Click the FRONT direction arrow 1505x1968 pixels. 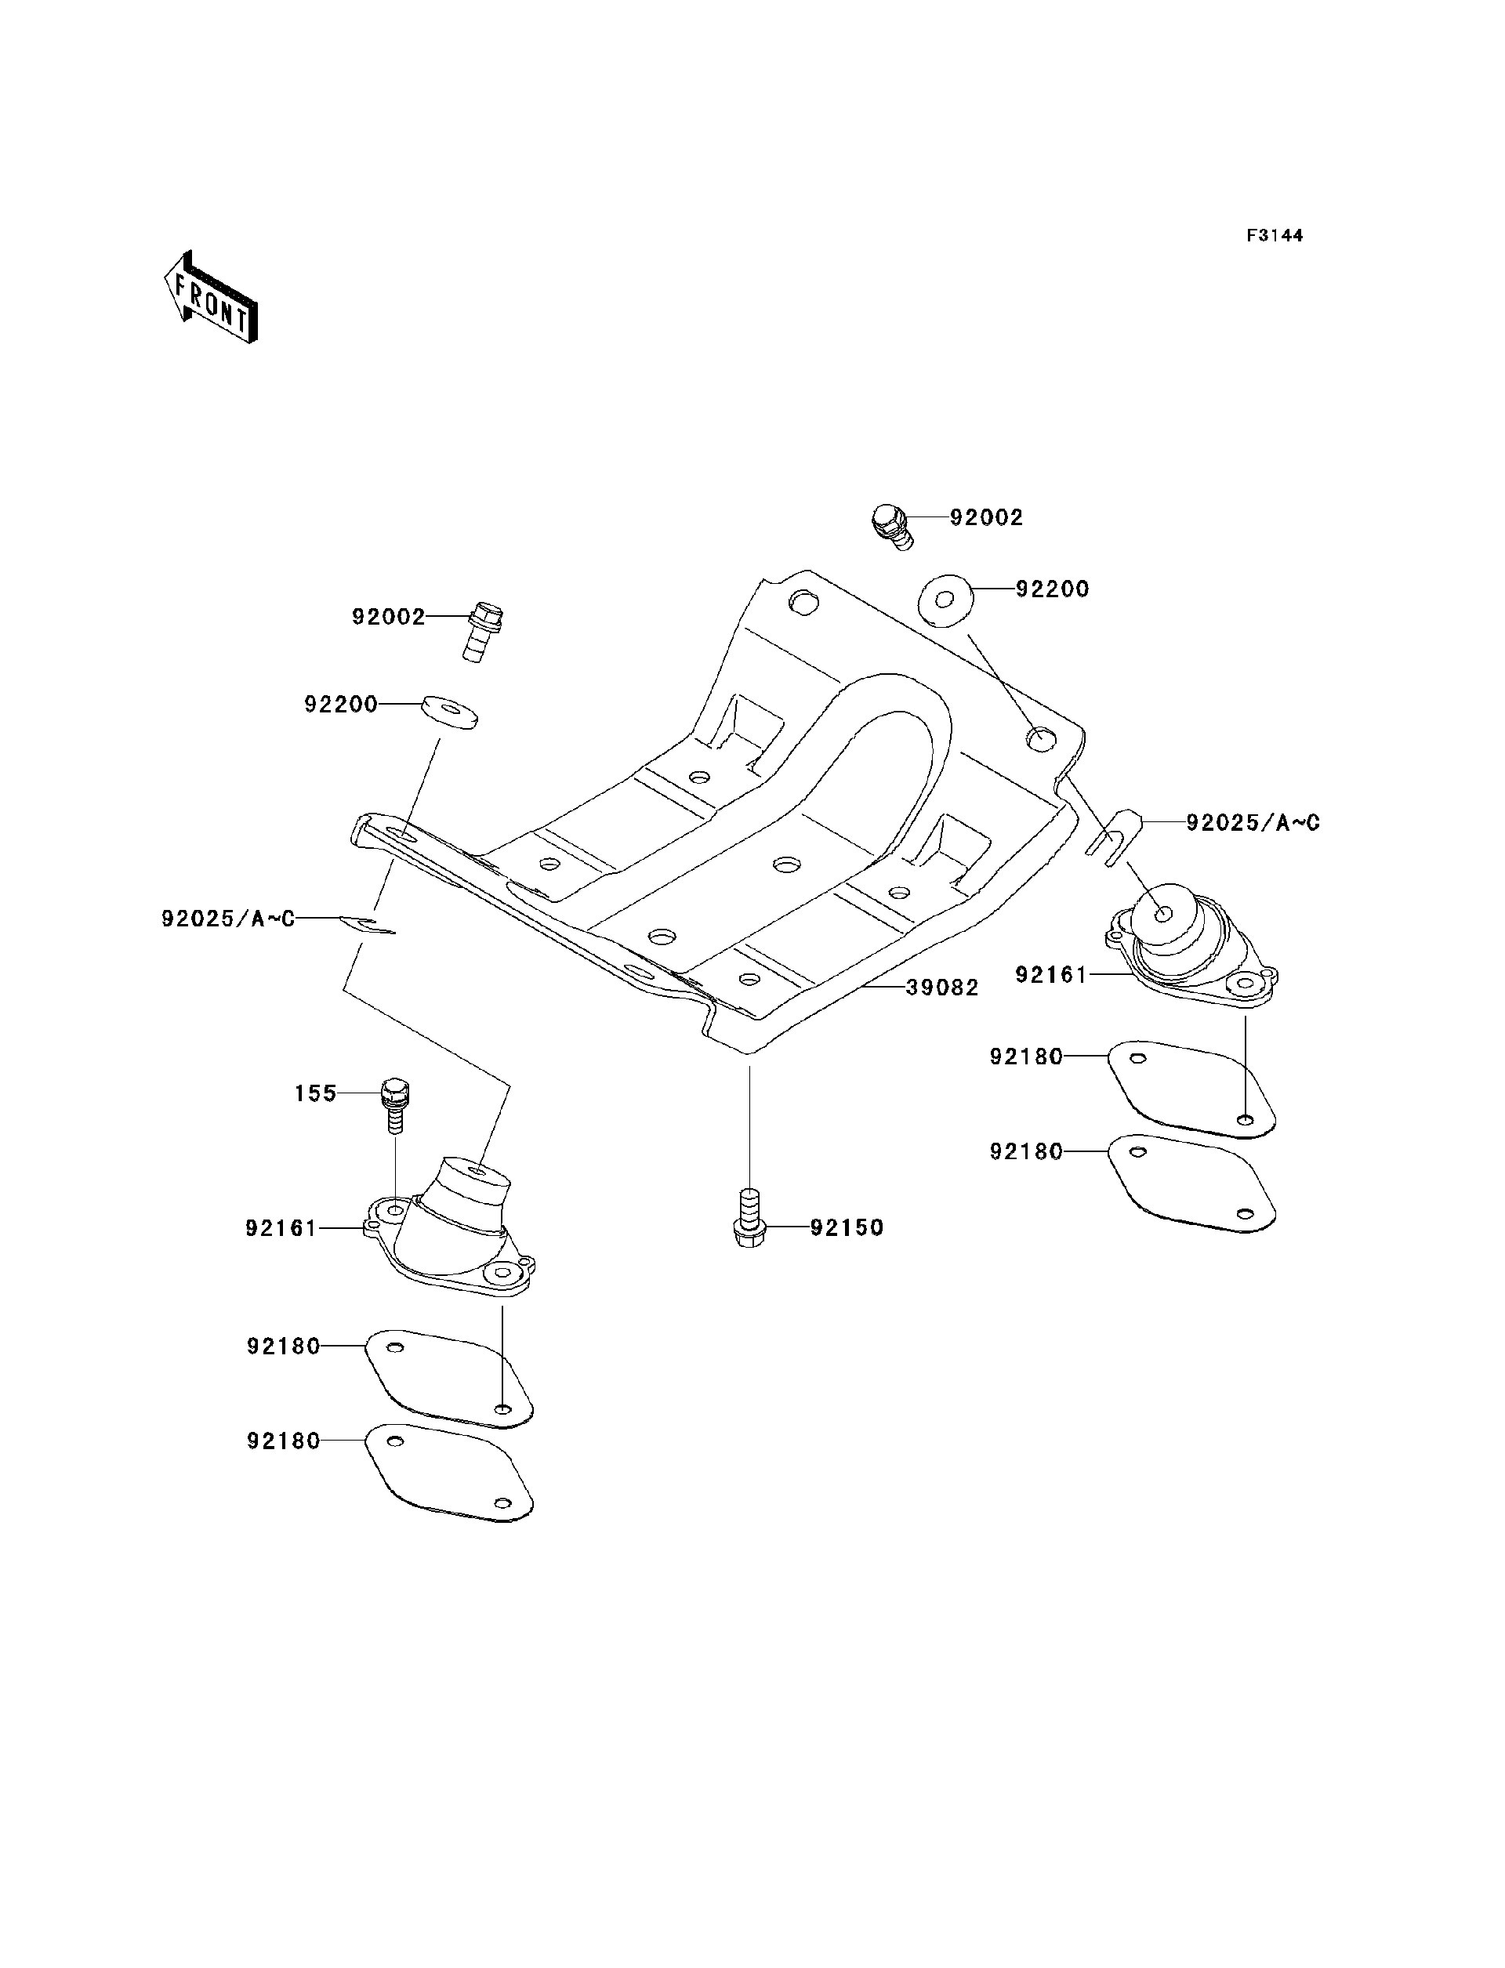[211, 299]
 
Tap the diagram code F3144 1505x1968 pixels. [1275, 236]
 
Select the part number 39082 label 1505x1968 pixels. [941, 988]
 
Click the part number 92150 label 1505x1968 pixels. [847, 1227]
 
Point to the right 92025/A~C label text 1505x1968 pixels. [1253, 822]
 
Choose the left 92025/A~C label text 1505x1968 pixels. [228, 919]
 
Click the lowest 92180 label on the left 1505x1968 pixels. [283, 1441]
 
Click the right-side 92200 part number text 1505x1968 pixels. [1052, 589]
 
